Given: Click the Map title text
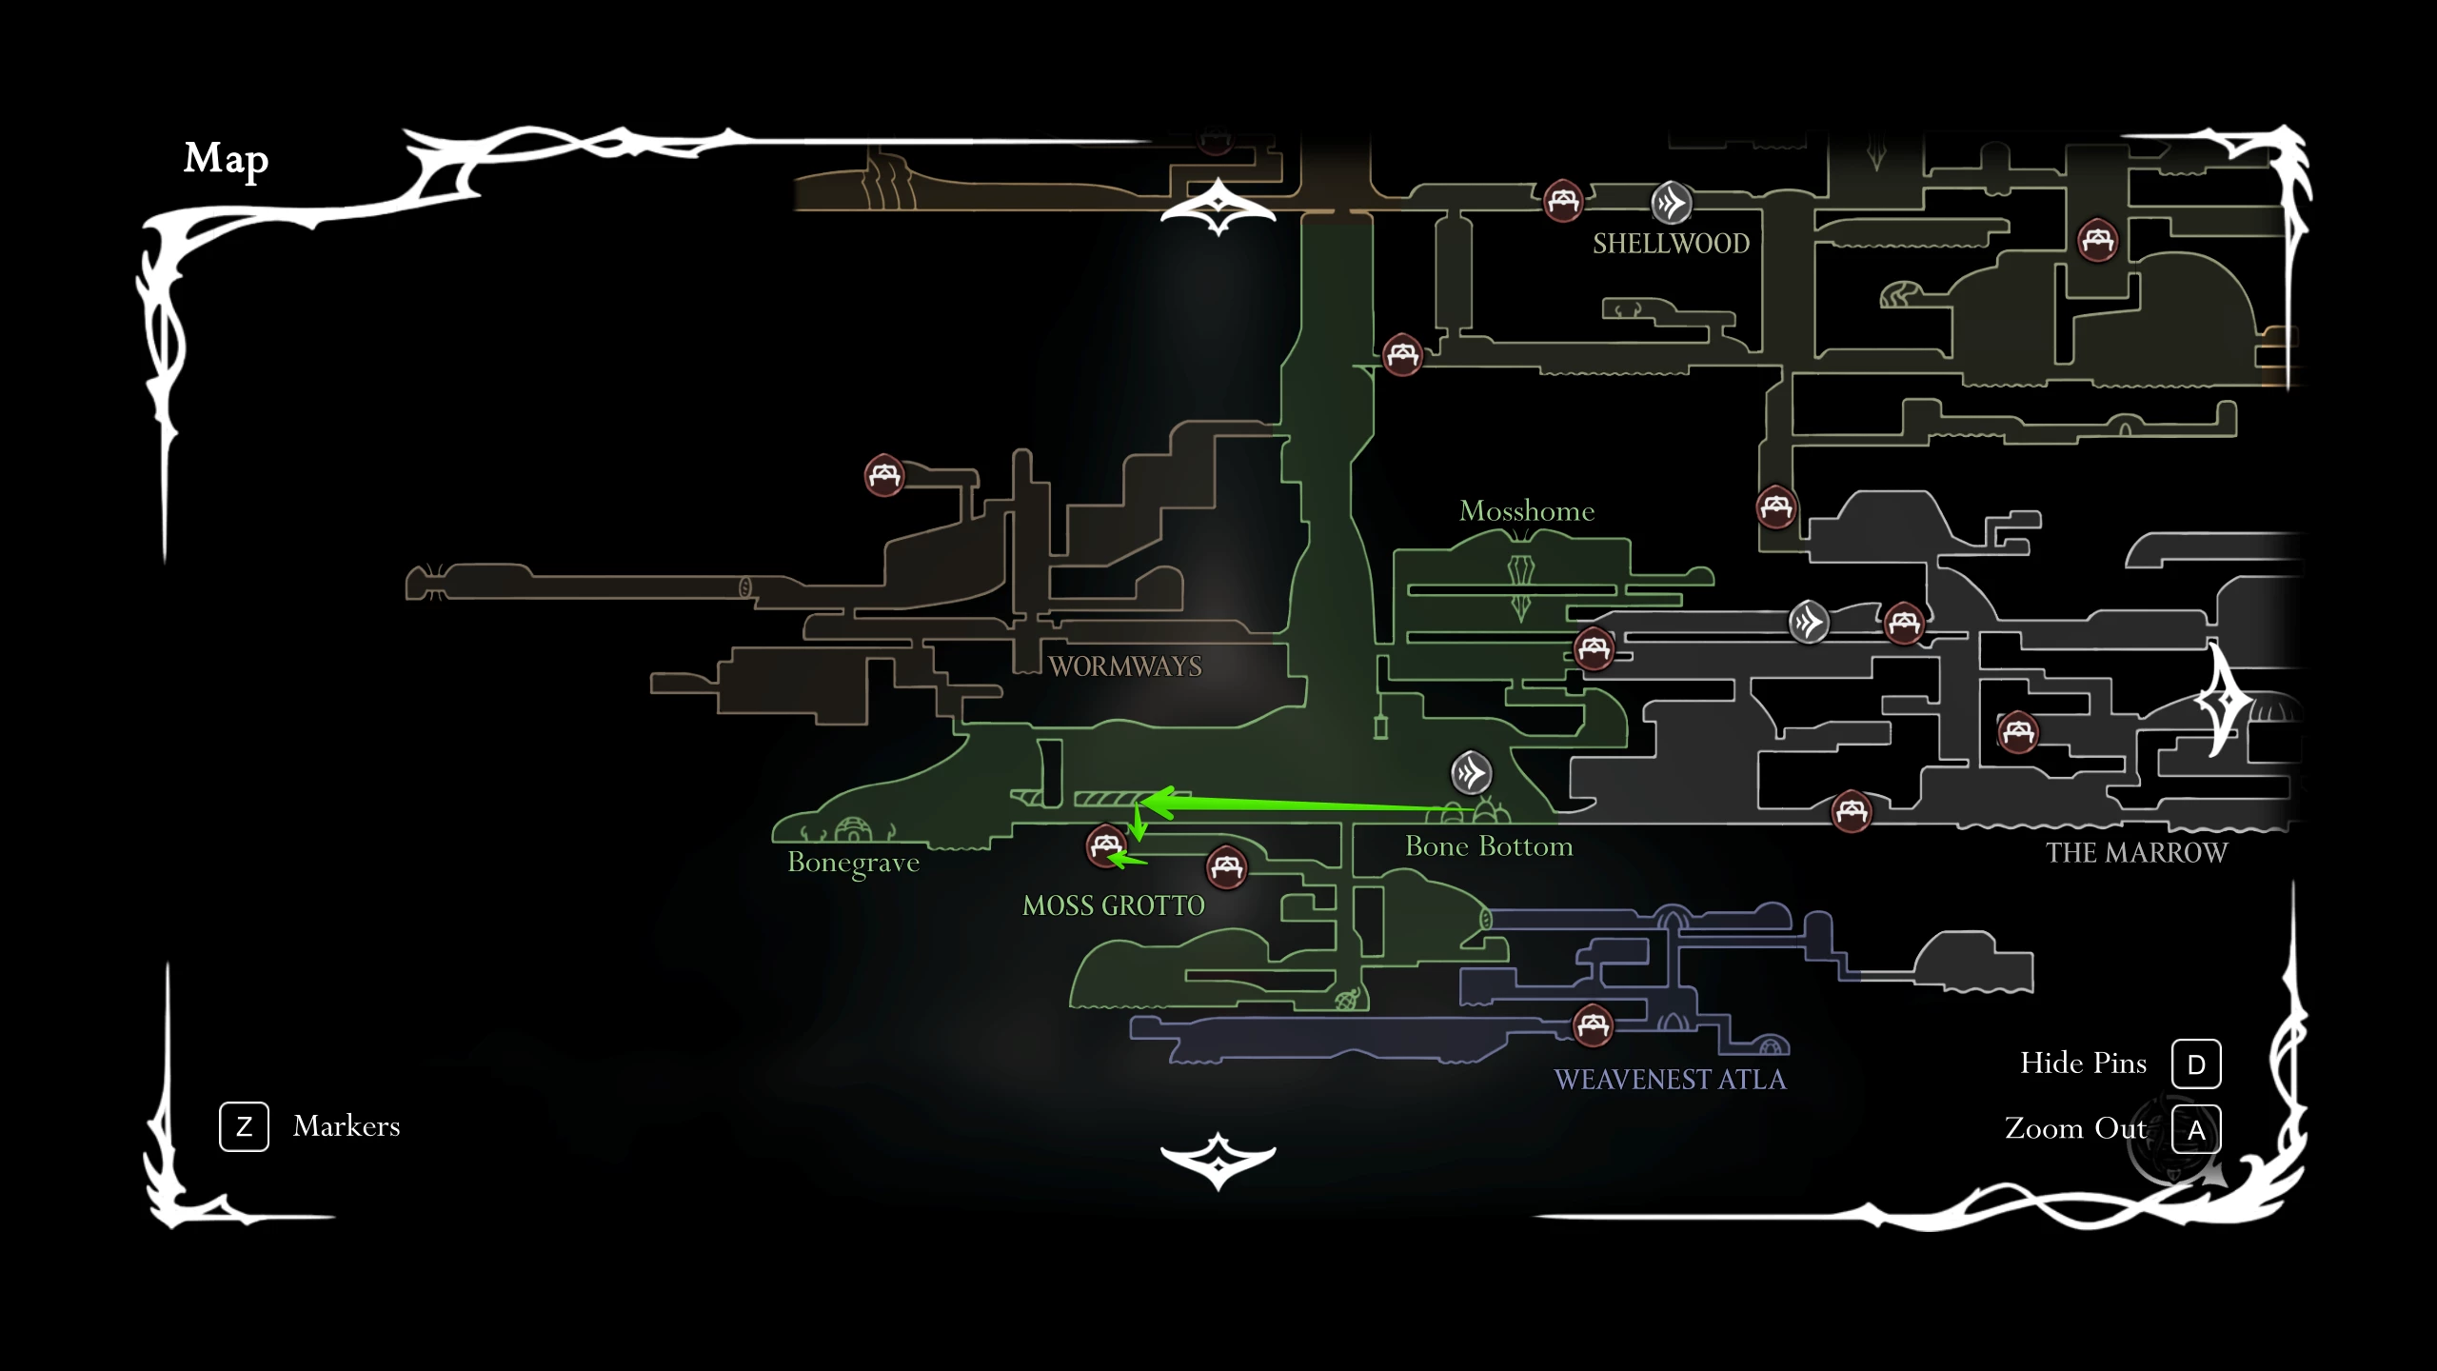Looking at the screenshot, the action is tap(226, 160).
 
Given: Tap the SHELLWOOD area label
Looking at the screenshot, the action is tap(1672, 244).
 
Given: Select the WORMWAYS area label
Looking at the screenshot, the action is tap(1125, 666).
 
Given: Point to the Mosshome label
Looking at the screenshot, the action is tap(1527, 511).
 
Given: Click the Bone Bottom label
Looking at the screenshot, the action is tap(1489, 846).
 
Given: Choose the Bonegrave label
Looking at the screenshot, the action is tap(854, 863).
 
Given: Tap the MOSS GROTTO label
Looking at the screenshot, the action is tap(1114, 905).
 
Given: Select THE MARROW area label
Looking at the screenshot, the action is tap(2137, 853).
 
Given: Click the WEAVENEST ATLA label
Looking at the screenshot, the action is tap(1671, 1080).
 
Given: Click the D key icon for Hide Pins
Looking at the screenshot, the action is tap(2196, 1064).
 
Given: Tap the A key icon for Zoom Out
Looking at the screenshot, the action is tap(2196, 1130).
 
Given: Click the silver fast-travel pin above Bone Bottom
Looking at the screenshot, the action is tap(1471, 773).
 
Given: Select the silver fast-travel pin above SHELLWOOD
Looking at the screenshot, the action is tap(1671, 203).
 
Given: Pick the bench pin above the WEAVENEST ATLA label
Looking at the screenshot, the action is tap(1593, 1025).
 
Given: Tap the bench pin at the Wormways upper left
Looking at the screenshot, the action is tap(884, 475).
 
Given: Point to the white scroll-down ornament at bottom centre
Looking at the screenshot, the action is tap(1218, 1162).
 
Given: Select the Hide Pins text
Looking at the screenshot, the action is tap(2084, 1063).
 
